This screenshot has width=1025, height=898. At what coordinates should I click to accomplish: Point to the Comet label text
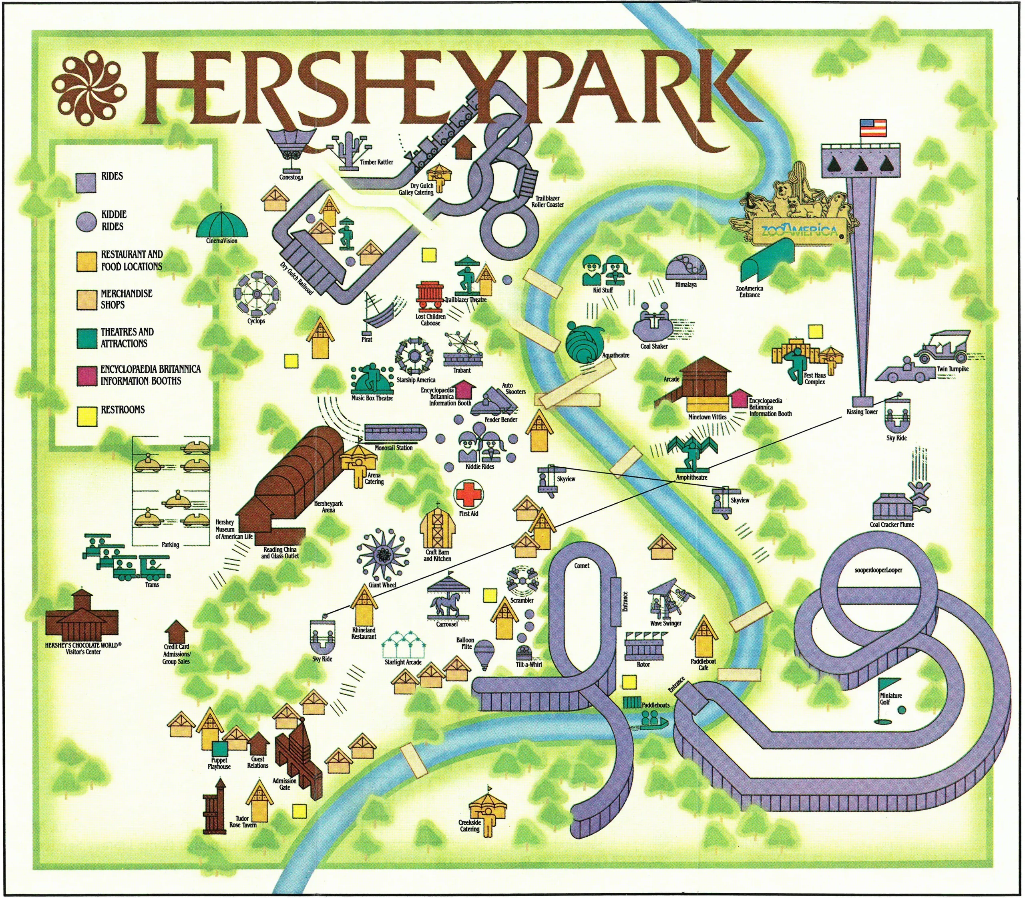[581, 565]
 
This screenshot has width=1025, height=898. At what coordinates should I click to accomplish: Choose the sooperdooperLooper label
[878, 570]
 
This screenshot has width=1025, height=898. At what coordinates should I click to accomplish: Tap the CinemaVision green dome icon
[222, 224]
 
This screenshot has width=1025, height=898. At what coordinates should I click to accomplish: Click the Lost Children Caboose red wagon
[430, 297]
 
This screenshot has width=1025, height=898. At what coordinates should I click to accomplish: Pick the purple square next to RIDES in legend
[86, 182]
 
